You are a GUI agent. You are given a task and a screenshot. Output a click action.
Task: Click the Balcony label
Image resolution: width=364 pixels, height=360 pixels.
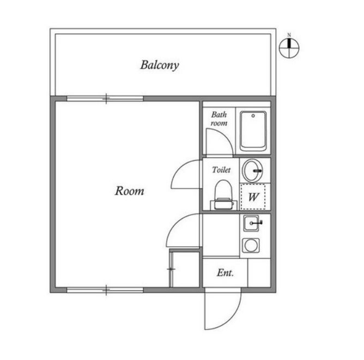160,66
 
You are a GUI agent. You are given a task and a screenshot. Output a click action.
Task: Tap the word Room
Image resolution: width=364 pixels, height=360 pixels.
130,191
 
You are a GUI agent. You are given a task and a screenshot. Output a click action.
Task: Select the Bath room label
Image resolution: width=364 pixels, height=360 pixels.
219,119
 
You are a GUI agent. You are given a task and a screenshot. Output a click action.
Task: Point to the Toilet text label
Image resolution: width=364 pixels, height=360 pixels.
221,170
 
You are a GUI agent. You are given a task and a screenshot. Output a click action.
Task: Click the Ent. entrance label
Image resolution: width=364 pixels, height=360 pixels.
225,273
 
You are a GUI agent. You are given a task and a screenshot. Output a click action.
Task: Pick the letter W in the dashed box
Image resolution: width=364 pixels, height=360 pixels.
253,197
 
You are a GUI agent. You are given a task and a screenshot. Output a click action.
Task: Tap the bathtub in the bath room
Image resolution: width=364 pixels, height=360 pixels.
253,131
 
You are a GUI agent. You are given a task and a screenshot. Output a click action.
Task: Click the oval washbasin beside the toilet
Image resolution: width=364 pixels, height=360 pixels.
252,170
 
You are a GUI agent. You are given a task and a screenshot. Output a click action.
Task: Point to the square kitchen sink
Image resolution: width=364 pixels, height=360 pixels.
252,223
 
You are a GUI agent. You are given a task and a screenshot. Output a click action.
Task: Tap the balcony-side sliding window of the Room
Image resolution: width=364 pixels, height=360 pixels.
105,99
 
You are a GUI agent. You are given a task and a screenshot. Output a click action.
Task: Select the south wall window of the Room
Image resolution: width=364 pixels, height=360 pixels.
105,289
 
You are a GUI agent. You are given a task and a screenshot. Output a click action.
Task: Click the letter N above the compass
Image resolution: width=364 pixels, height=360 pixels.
289,35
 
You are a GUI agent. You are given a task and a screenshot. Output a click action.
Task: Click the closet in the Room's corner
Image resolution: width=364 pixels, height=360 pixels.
185,268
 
